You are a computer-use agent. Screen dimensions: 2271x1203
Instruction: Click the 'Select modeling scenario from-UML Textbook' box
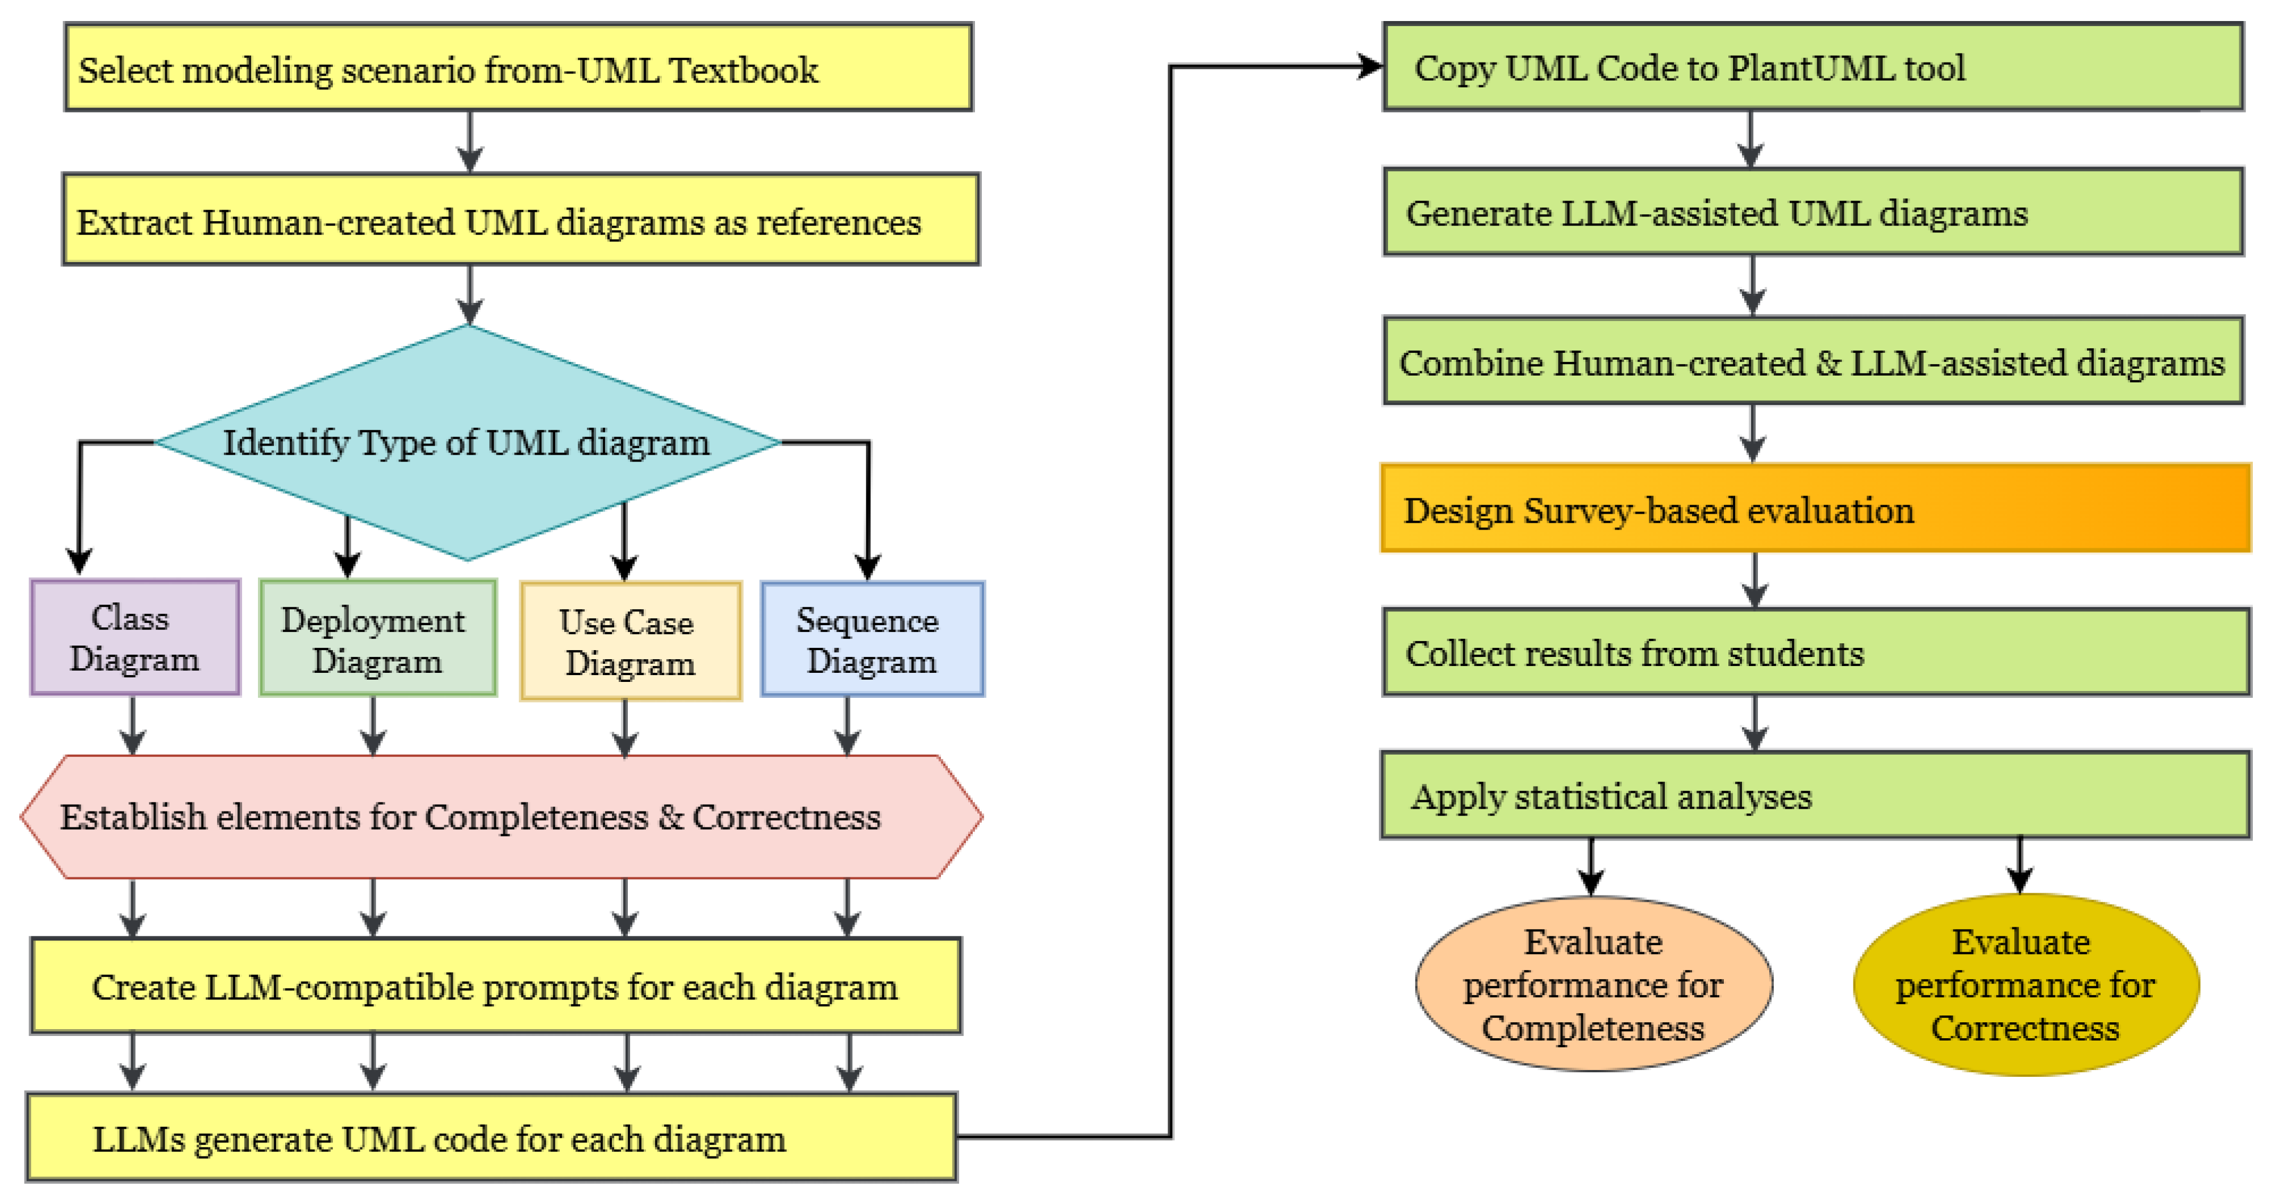(x=518, y=67)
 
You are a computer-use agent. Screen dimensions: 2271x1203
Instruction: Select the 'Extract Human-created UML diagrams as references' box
(x=520, y=219)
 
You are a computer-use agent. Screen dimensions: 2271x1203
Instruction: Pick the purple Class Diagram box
(x=135, y=638)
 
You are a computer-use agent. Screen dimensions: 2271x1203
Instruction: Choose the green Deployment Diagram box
(x=377, y=638)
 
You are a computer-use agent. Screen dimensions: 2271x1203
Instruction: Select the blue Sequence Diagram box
(x=872, y=639)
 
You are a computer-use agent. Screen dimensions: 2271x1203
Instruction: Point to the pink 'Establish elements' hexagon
(x=501, y=817)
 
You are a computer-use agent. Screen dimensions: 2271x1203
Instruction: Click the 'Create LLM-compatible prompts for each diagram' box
(x=495, y=985)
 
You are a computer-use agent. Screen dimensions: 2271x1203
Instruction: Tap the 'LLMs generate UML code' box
(x=491, y=1137)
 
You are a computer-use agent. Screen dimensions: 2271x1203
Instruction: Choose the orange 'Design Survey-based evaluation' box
(x=1815, y=508)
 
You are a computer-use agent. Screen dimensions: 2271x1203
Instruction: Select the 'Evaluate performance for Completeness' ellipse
(x=1593, y=984)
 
